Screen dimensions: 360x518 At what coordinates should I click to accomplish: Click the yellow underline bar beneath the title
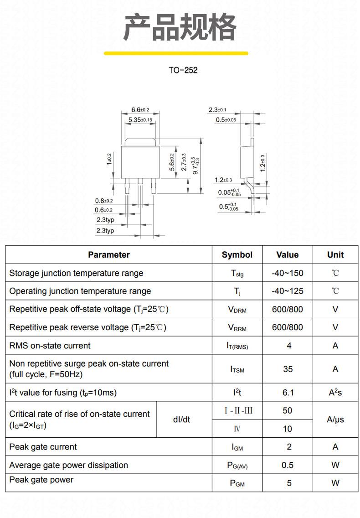pyautogui.click(x=176, y=53)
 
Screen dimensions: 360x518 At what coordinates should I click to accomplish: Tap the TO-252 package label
pyautogui.click(x=183, y=70)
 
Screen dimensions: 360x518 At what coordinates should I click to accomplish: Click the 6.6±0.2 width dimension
pyautogui.click(x=140, y=110)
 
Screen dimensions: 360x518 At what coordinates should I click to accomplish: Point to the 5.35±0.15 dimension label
pyautogui.click(x=140, y=119)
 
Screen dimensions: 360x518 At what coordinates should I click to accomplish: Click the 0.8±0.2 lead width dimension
pyautogui.click(x=104, y=201)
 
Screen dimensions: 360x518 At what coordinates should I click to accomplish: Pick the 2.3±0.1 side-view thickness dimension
pyautogui.click(x=217, y=110)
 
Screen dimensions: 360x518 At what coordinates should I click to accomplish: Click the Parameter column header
pyautogui.click(x=108, y=255)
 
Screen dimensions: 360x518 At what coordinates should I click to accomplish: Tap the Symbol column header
pyautogui.click(x=237, y=255)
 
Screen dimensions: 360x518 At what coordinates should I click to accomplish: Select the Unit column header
pyautogui.click(x=335, y=255)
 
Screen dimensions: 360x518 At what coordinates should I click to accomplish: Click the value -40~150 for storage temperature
pyautogui.click(x=288, y=273)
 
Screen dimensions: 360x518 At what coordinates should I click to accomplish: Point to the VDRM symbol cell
pyautogui.click(x=237, y=310)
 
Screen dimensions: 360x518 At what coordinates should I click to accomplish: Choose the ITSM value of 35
pyautogui.click(x=288, y=369)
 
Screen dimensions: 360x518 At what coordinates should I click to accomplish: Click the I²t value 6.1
pyautogui.click(x=288, y=393)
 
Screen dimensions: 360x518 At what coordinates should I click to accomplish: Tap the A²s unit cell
pyautogui.click(x=335, y=392)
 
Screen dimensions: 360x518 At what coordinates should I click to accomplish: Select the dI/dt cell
pyautogui.click(x=181, y=420)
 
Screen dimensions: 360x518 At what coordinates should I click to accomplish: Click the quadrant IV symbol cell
pyautogui.click(x=237, y=429)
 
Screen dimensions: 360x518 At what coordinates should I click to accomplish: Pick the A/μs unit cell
pyautogui.click(x=335, y=420)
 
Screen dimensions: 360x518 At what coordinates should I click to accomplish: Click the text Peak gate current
pyautogui.click(x=43, y=447)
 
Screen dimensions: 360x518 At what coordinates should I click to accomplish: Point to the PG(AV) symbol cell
pyautogui.click(x=237, y=466)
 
